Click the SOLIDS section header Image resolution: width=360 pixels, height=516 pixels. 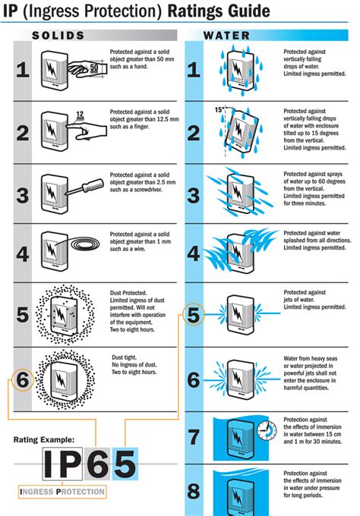(x=58, y=36)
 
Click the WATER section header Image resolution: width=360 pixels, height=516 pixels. (x=226, y=36)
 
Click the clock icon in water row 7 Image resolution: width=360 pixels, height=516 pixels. (x=267, y=430)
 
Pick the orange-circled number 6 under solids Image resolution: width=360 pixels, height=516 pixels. (x=22, y=379)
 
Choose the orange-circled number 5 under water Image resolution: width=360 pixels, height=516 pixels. (x=194, y=314)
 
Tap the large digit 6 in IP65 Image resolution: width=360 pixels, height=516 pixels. (x=98, y=464)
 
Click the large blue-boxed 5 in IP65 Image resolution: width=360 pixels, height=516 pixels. (x=125, y=464)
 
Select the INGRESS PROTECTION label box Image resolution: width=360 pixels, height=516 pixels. (x=62, y=492)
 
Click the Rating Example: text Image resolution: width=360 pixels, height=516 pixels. (x=44, y=439)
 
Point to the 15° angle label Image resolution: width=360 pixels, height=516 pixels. (x=219, y=109)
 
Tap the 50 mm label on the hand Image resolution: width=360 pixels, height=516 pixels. (x=94, y=68)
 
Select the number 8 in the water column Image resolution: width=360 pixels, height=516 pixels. (x=194, y=491)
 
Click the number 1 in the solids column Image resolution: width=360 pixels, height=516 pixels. (x=23, y=70)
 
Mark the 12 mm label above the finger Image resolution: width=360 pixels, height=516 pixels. (x=80, y=115)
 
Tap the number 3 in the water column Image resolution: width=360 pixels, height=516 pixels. (x=194, y=195)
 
